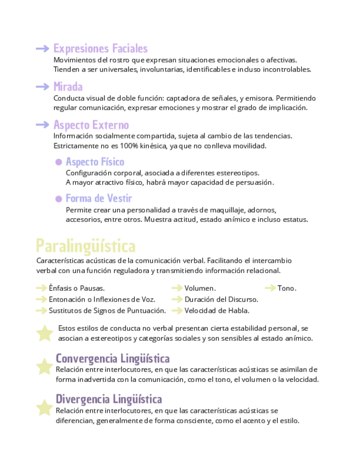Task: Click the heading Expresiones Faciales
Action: pyautogui.click(x=100, y=49)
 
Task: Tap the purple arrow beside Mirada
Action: pyautogui.click(x=42, y=87)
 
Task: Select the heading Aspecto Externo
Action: pyautogui.click(x=91, y=125)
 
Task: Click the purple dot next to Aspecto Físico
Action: pyautogui.click(x=58, y=162)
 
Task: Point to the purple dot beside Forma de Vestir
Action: pyautogui.click(x=58, y=199)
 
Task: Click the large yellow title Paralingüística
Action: pyautogui.click(x=85, y=245)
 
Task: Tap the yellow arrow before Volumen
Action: pyautogui.click(x=176, y=288)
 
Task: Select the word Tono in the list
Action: pyautogui.click(x=286, y=288)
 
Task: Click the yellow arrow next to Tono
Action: pyautogui.click(x=270, y=288)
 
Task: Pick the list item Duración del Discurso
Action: pyautogui.click(x=221, y=299)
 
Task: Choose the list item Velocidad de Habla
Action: pyautogui.click(x=218, y=310)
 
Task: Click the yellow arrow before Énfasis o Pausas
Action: pyautogui.click(x=41, y=288)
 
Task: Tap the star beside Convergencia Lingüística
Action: pyautogui.click(x=44, y=366)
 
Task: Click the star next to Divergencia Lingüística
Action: pyautogui.click(x=44, y=407)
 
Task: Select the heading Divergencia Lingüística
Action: pyautogui.click(x=109, y=399)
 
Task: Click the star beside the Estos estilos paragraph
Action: pyautogui.click(x=44, y=332)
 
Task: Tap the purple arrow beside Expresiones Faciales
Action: pyautogui.click(x=42, y=49)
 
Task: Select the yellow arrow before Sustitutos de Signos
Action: pyautogui.click(x=41, y=310)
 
